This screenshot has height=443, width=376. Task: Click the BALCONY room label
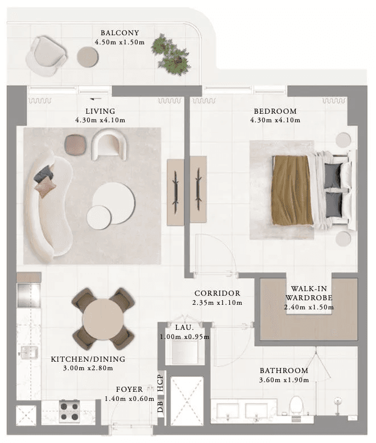[119, 33]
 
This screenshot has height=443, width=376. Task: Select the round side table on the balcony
[88, 56]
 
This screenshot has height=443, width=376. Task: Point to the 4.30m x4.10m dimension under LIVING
[100, 121]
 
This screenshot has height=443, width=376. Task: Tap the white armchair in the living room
[110, 144]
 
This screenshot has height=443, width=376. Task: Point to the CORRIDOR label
[216, 293]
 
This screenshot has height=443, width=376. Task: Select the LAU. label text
[184, 328]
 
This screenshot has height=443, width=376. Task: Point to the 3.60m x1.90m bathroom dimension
[284, 380]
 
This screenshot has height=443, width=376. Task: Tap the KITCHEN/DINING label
[88, 359]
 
